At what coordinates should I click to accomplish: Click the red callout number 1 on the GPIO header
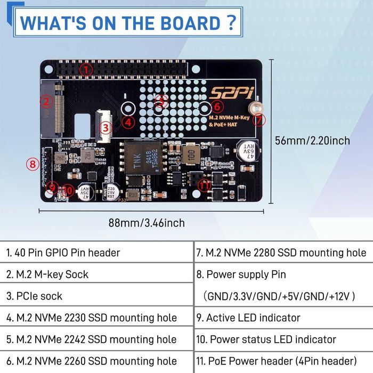[87, 69]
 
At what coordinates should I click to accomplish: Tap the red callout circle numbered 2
[46, 101]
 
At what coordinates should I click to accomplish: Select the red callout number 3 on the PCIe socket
[105, 127]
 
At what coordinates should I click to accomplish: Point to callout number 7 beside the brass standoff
[259, 119]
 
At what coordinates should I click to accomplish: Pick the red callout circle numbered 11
[204, 185]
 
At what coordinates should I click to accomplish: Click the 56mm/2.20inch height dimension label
[312, 140]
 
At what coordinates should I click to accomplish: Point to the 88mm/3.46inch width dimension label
[147, 223]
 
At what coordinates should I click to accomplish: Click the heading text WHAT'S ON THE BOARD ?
[128, 23]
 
